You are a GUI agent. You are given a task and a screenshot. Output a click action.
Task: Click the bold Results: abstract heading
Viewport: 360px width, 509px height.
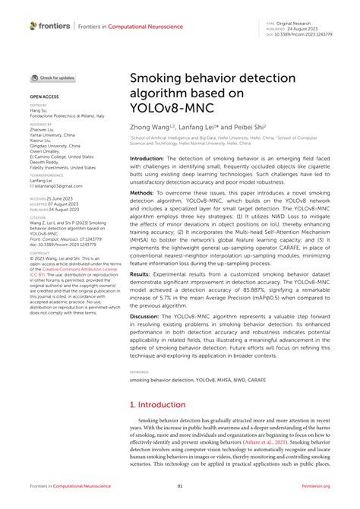click(x=141, y=291)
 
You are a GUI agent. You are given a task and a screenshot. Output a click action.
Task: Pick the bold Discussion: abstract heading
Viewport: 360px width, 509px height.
click(x=147, y=337)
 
